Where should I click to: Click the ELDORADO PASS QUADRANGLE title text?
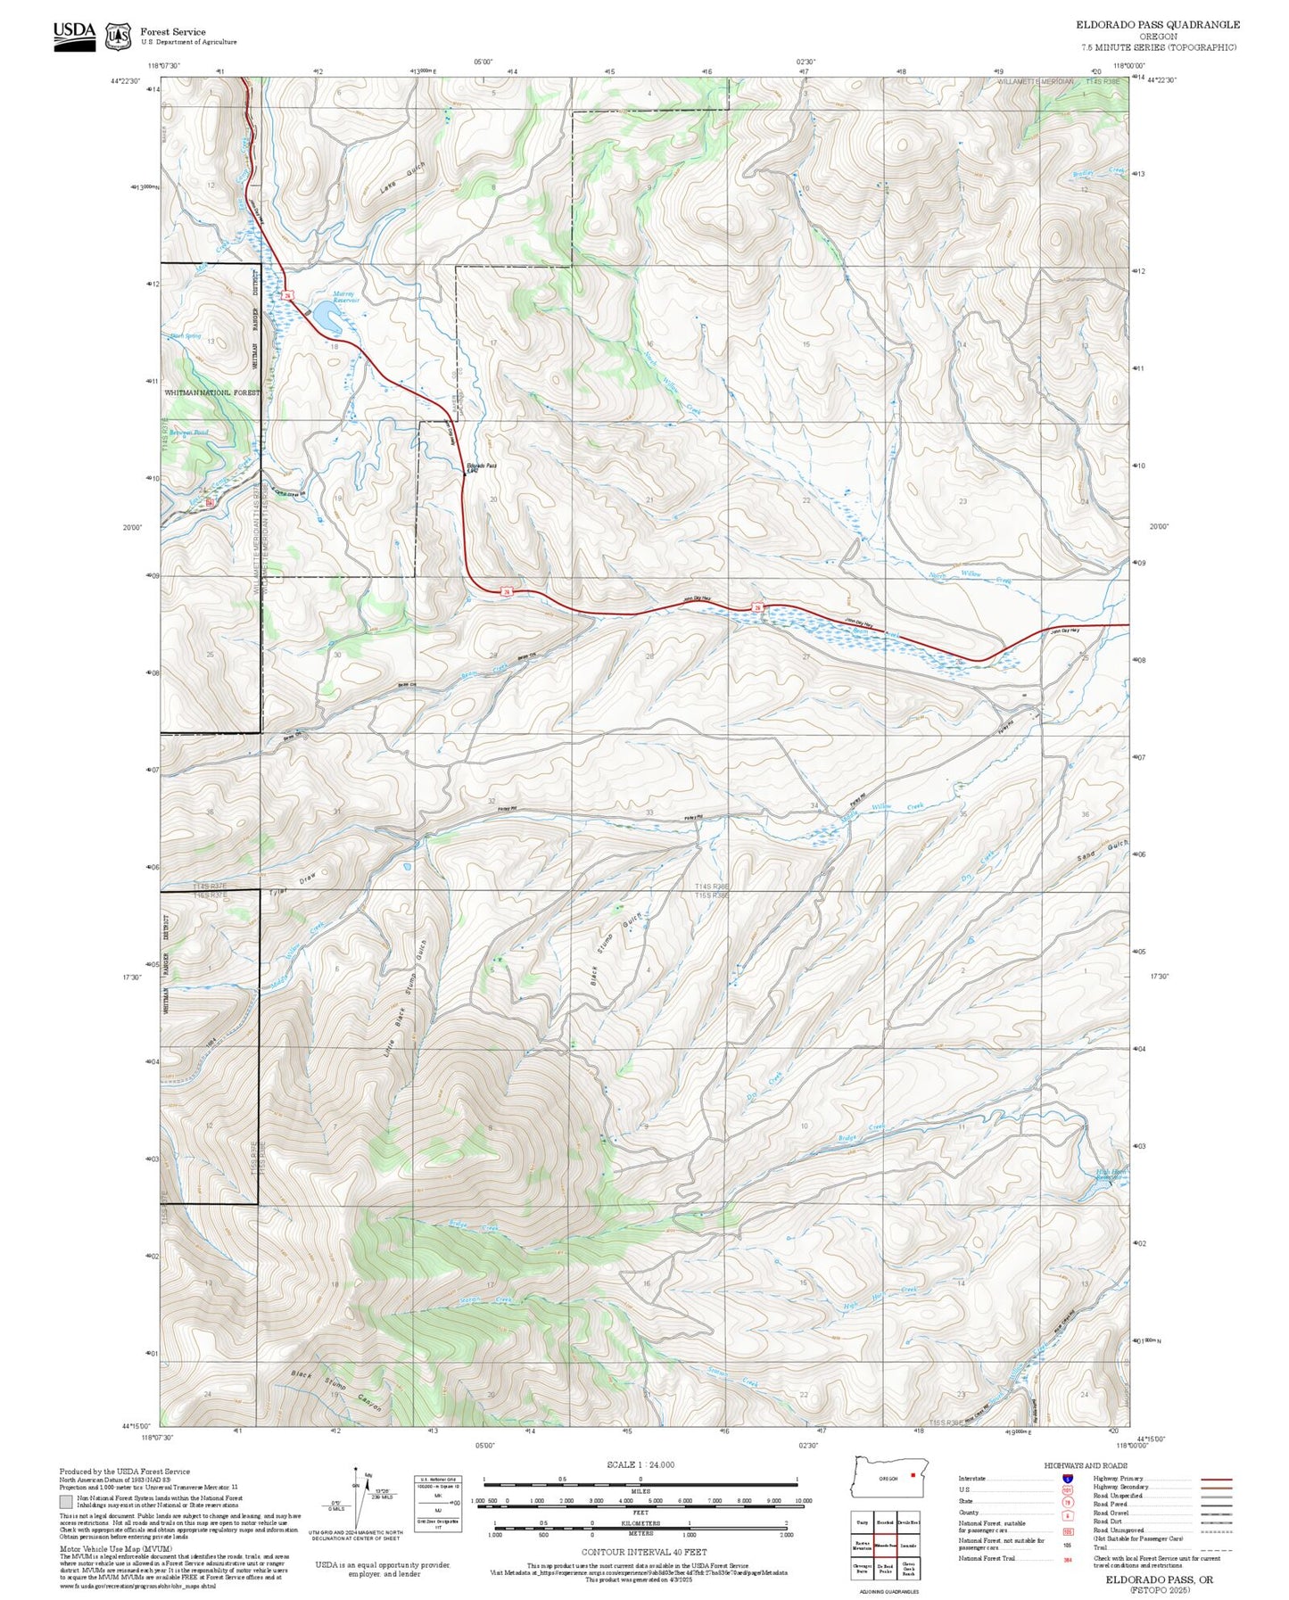(1157, 24)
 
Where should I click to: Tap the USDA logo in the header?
(74, 35)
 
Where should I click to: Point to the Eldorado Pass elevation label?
(481, 468)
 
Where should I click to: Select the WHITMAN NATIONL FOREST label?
(212, 392)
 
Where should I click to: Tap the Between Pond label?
(188, 433)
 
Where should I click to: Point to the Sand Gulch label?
(1102, 850)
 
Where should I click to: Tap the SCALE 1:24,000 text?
(640, 1464)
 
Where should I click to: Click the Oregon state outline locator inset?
(888, 1478)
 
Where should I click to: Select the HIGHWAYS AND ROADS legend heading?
(1086, 1465)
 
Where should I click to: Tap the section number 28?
(649, 656)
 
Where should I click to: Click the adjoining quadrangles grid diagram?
(886, 1546)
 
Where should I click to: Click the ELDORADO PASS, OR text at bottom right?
(1159, 1579)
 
